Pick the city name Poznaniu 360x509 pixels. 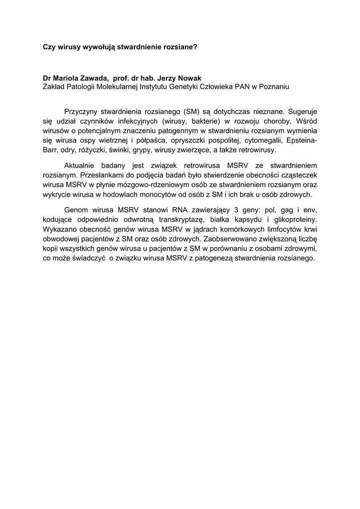click(271, 87)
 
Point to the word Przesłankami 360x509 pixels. click(100, 175)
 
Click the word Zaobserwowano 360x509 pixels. click(236, 239)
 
